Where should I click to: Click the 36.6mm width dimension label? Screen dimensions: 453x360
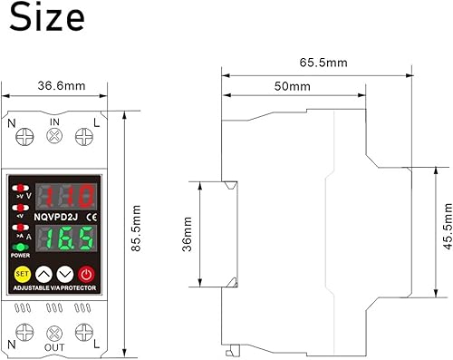pyautogui.click(x=62, y=86)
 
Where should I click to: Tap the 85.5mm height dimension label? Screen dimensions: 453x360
pyautogui.click(x=136, y=229)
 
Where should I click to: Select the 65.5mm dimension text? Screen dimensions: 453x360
pyautogui.click(x=323, y=63)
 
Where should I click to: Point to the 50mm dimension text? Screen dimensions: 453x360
pyautogui.click(x=293, y=86)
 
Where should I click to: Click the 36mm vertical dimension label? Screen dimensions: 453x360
pyautogui.click(x=187, y=234)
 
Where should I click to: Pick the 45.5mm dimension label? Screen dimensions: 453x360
pyautogui.click(x=448, y=226)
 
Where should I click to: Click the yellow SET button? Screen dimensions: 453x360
pyautogui.click(x=23, y=274)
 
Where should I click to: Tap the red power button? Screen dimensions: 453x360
pyautogui.click(x=87, y=275)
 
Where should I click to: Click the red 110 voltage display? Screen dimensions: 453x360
pyautogui.click(x=66, y=196)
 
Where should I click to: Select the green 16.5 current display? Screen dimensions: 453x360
pyautogui.click(x=66, y=238)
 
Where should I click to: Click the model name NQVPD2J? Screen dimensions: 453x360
pyautogui.click(x=56, y=217)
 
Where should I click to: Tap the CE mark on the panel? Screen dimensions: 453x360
pyautogui.click(x=92, y=217)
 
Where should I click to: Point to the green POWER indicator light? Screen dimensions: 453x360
pyautogui.click(x=20, y=248)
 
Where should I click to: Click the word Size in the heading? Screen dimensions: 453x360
pyautogui.click(x=47, y=17)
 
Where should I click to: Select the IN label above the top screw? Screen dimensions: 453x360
pyautogui.click(x=54, y=122)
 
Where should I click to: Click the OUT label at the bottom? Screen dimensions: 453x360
pyautogui.click(x=54, y=347)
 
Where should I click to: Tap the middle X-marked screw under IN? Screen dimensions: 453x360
pyautogui.click(x=54, y=136)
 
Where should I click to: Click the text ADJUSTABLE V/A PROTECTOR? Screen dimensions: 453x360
pyautogui.click(x=54, y=288)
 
